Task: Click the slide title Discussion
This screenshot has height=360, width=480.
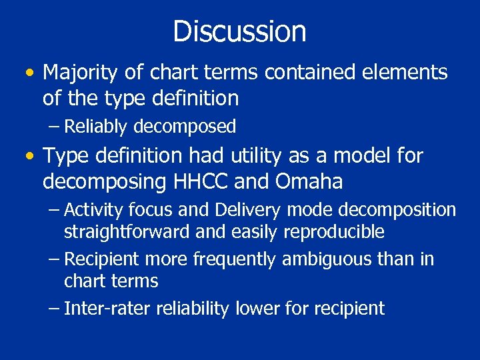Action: pos(239,31)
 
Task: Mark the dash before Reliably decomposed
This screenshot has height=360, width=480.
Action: pos(55,126)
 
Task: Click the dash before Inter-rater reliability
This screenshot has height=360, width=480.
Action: pos(55,308)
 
